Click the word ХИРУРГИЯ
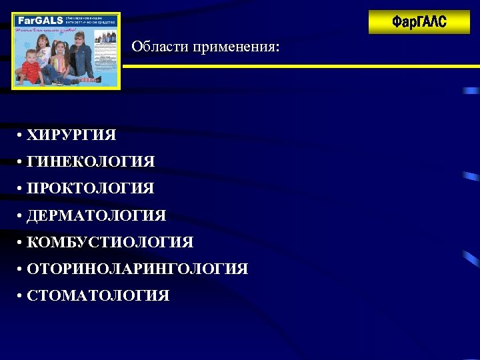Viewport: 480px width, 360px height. coord(71,135)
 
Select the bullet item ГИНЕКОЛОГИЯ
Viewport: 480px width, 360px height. coord(91,162)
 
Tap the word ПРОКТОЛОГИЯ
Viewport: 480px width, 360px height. coord(91,189)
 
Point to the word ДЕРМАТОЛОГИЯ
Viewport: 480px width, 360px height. coord(97,216)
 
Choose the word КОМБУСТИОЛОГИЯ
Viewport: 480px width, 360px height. coord(110,243)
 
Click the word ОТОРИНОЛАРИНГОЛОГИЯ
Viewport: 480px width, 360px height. coord(137,269)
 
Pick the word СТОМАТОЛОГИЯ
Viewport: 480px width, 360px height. coord(98,296)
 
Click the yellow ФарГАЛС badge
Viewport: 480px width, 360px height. coord(419,22)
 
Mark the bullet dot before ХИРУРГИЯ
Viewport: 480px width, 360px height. coord(21,136)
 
